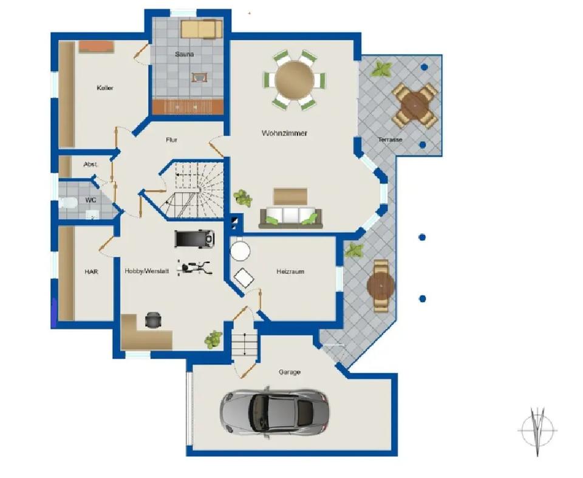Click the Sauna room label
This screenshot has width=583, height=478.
pos(184,54)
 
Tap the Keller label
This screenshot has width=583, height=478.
pos(105,88)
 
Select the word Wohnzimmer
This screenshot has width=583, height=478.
pos(284,133)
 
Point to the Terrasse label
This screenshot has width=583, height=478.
pos(390,140)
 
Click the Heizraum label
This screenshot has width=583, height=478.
pos(290,271)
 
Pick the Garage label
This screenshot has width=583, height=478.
pos(289,372)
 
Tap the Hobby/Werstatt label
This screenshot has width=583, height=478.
pos(146,271)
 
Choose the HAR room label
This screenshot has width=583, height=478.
pos(92,272)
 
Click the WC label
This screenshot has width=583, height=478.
pos(90,200)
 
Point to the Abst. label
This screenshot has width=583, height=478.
pos(90,164)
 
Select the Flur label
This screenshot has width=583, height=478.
pos(171,140)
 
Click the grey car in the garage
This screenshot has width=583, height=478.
pos(274,412)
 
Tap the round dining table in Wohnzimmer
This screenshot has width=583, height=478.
pos(295,80)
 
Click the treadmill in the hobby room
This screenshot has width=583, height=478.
pos(194,239)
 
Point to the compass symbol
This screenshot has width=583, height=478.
pos(537,431)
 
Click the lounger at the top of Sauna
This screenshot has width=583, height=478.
pos(202,29)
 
